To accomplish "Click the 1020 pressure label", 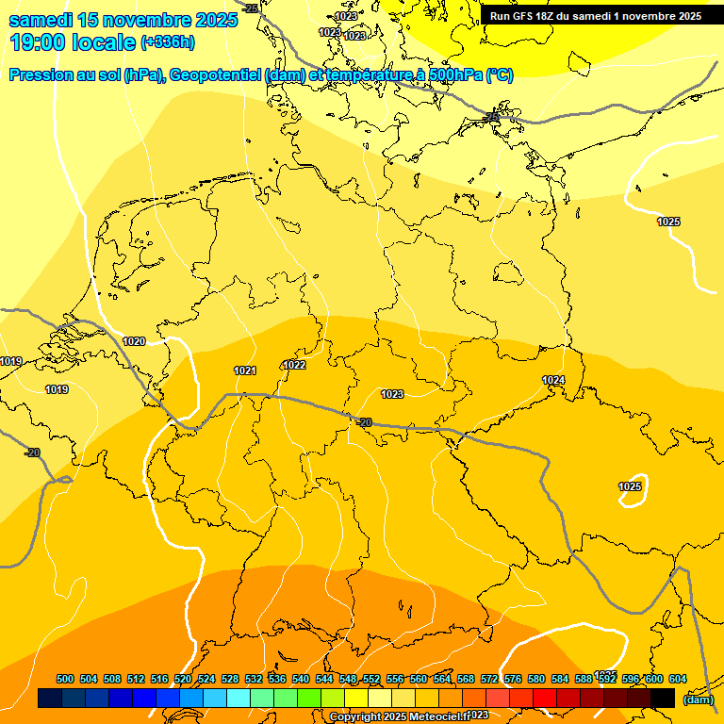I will coord(134,341).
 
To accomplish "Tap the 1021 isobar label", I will coord(245,370).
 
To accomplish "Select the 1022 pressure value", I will coord(294,365).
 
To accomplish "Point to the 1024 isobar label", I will coord(553,380).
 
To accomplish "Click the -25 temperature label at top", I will coord(250,8).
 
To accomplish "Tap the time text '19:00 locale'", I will coord(72,42).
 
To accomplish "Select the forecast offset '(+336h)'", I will coord(168,42).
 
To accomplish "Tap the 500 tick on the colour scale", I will coord(65,679).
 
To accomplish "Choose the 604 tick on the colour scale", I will coord(677,679).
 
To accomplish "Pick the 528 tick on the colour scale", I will coord(230,679).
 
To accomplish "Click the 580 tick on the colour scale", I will coord(536,679).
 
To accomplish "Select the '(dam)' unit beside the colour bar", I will coord(697,699).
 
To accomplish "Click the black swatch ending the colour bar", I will coord(663,699).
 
